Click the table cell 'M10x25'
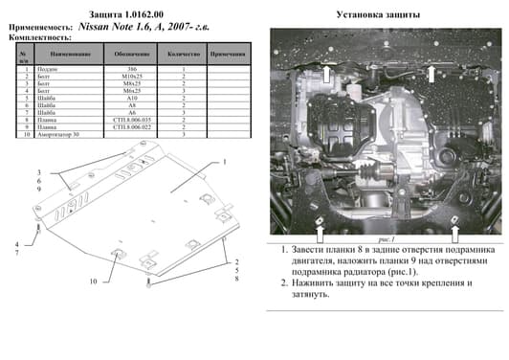click(x=132, y=78)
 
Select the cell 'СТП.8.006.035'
click(x=132, y=119)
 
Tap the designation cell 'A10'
click(x=132, y=99)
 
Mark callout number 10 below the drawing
click(x=94, y=281)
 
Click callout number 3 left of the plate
click(x=39, y=171)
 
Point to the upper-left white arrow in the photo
click(x=324, y=74)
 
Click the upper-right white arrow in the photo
click(x=433, y=74)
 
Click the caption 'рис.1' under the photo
click(x=387, y=240)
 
